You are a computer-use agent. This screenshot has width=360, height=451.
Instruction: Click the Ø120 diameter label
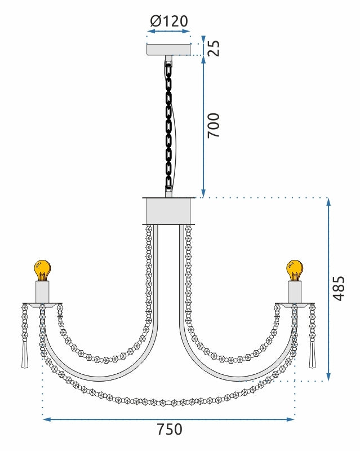pyautogui.click(x=169, y=22)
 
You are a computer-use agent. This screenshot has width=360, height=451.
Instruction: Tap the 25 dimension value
pyautogui.click(x=214, y=48)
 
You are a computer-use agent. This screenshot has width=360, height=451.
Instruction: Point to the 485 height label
pyautogui.click(x=337, y=288)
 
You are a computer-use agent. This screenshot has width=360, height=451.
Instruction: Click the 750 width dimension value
pyautogui.click(x=169, y=430)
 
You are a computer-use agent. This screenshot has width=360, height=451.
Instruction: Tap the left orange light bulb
pyautogui.click(x=42, y=270)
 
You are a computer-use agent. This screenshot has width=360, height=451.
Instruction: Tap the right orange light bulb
pyautogui.click(x=294, y=270)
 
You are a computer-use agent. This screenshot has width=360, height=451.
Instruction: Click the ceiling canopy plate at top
pyautogui.click(x=168, y=50)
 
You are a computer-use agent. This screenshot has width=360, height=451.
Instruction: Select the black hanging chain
pyautogui.click(x=168, y=124)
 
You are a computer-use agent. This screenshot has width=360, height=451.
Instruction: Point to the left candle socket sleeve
pyautogui.click(x=42, y=292)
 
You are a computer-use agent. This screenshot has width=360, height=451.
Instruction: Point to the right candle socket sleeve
pyautogui.click(x=295, y=292)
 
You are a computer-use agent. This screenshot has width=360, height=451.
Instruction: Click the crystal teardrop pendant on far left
pyautogui.click(x=24, y=355)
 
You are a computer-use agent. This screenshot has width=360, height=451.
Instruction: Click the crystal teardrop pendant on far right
pyautogui.click(x=312, y=355)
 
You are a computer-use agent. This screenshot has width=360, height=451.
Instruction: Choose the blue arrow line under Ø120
pyautogui.click(x=168, y=35)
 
